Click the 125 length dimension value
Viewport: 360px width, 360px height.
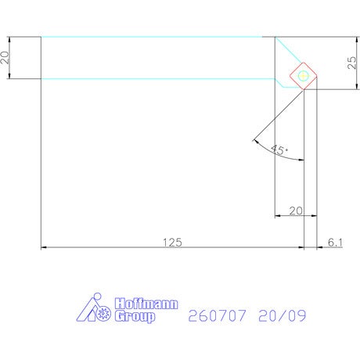click(172, 243)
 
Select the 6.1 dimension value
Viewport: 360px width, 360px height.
click(335, 243)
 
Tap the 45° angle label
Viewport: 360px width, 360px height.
click(279, 149)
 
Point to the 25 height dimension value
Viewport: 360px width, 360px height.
click(351, 63)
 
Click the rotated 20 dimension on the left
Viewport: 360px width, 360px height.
click(5, 57)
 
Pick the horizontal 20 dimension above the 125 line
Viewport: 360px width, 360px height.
click(296, 211)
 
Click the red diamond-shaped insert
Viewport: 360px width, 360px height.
click(304, 76)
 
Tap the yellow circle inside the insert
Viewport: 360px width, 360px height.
click(303, 76)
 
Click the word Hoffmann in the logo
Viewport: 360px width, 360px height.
click(146, 304)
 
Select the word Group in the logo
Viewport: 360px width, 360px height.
click(135, 316)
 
